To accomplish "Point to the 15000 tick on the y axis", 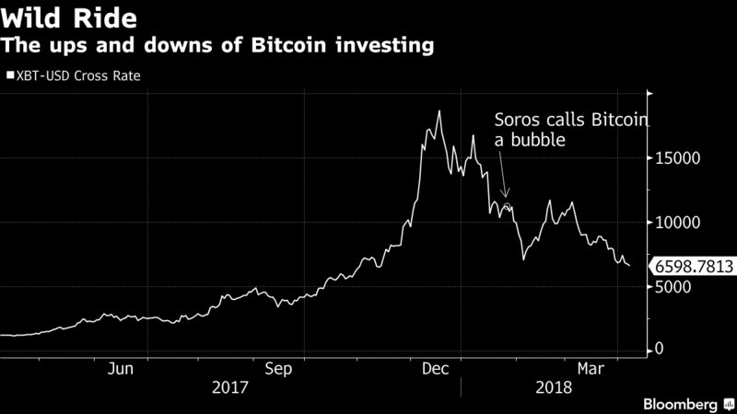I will (x=677, y=158).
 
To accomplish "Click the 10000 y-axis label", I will (x=677, y=222).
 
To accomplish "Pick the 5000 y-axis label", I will (x=673, y=286).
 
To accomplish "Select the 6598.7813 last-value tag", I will (x=693, y=267).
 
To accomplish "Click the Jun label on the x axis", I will (x=123, y=368).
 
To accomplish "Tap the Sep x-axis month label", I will (x=279, y=368).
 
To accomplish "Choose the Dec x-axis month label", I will (x=435, y=368).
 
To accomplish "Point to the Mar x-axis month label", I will (x=590, y=368).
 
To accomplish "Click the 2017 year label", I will (x=229, y=388).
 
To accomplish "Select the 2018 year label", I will (x=553, y=388).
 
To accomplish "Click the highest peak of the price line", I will (x=439, y=111).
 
